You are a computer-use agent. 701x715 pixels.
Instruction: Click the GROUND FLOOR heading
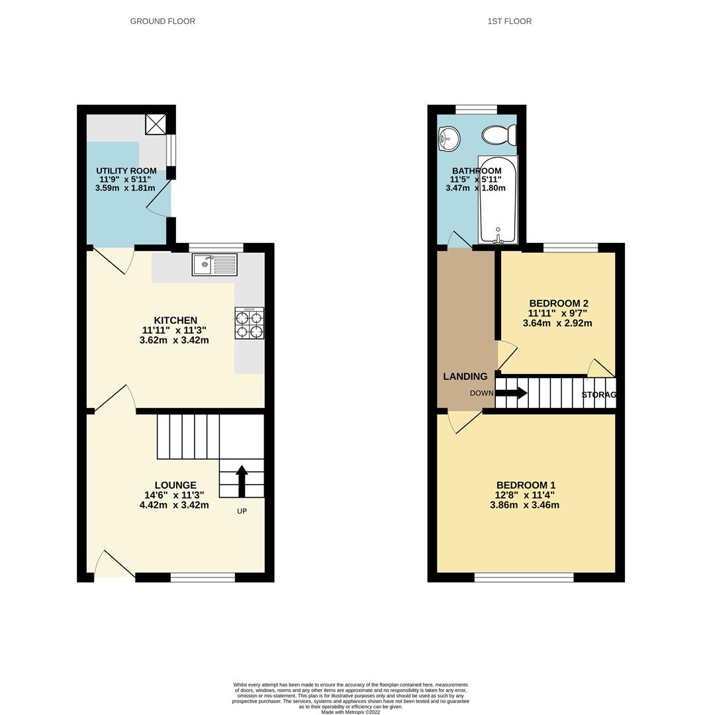[162, 21]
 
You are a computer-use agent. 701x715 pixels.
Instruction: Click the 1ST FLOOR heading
[509, 21]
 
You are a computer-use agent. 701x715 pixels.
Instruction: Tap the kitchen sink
[214, 264]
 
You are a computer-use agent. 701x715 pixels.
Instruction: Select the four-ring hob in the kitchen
[250, 323]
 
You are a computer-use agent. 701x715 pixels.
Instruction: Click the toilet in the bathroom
[498, 135]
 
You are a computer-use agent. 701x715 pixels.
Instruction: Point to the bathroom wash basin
[449, 138]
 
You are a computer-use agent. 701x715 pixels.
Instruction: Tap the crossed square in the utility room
[156, 124]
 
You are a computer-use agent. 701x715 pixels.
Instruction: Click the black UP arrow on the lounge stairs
[242, 481]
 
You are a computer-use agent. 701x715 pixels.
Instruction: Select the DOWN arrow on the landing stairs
[512, 393]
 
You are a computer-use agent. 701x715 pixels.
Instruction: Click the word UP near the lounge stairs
[242, 511]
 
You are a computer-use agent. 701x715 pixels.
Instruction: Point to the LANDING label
[465, 376]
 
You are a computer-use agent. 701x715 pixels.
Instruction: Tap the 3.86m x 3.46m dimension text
[524, 504]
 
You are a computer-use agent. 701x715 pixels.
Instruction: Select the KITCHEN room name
[175, 320]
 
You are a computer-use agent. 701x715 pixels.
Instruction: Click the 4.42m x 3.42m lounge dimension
[174, 504]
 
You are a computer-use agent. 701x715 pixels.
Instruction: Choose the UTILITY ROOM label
[126, 171]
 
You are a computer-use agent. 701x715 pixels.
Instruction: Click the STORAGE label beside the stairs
[599, 395]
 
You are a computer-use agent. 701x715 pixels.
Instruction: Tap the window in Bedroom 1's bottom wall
[524, 577]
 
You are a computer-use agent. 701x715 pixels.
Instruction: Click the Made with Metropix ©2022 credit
[351, 712]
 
